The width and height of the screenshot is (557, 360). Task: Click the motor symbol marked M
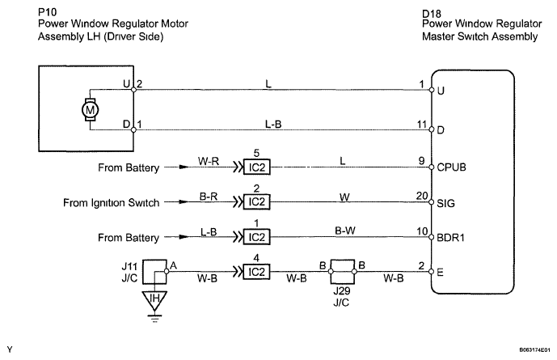click(89, 108)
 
